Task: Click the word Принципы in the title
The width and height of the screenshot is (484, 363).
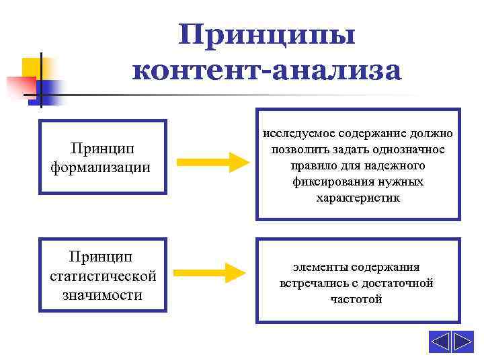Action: [266, 34]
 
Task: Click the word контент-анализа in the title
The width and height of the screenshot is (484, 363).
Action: [266, 69]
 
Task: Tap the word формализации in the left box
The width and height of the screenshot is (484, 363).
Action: [101, 166]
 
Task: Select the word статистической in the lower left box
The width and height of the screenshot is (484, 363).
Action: [103, 276]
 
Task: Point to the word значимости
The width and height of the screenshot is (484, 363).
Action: [103, 294]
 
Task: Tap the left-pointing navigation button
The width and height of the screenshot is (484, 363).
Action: [440, 341]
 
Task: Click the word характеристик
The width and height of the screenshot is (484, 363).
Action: [358, 198]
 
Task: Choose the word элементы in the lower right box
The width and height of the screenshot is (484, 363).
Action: [317, 267]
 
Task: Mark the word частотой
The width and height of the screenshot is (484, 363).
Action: [357, 299]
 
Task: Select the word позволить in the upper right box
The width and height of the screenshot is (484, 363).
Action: [298, 149]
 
